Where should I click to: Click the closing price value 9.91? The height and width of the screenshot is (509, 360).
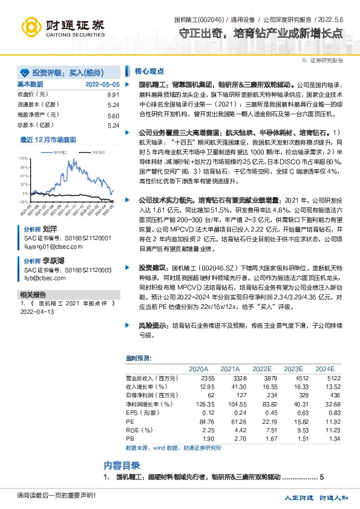[x=113, y=94]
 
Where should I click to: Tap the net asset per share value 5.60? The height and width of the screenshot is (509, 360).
[x=113, y=115]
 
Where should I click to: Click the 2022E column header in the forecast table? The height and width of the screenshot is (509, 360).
[x=261, y=368]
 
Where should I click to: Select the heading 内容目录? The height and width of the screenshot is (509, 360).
[x=123, y=465]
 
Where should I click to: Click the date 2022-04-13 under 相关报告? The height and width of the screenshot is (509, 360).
[x=38, y=313]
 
